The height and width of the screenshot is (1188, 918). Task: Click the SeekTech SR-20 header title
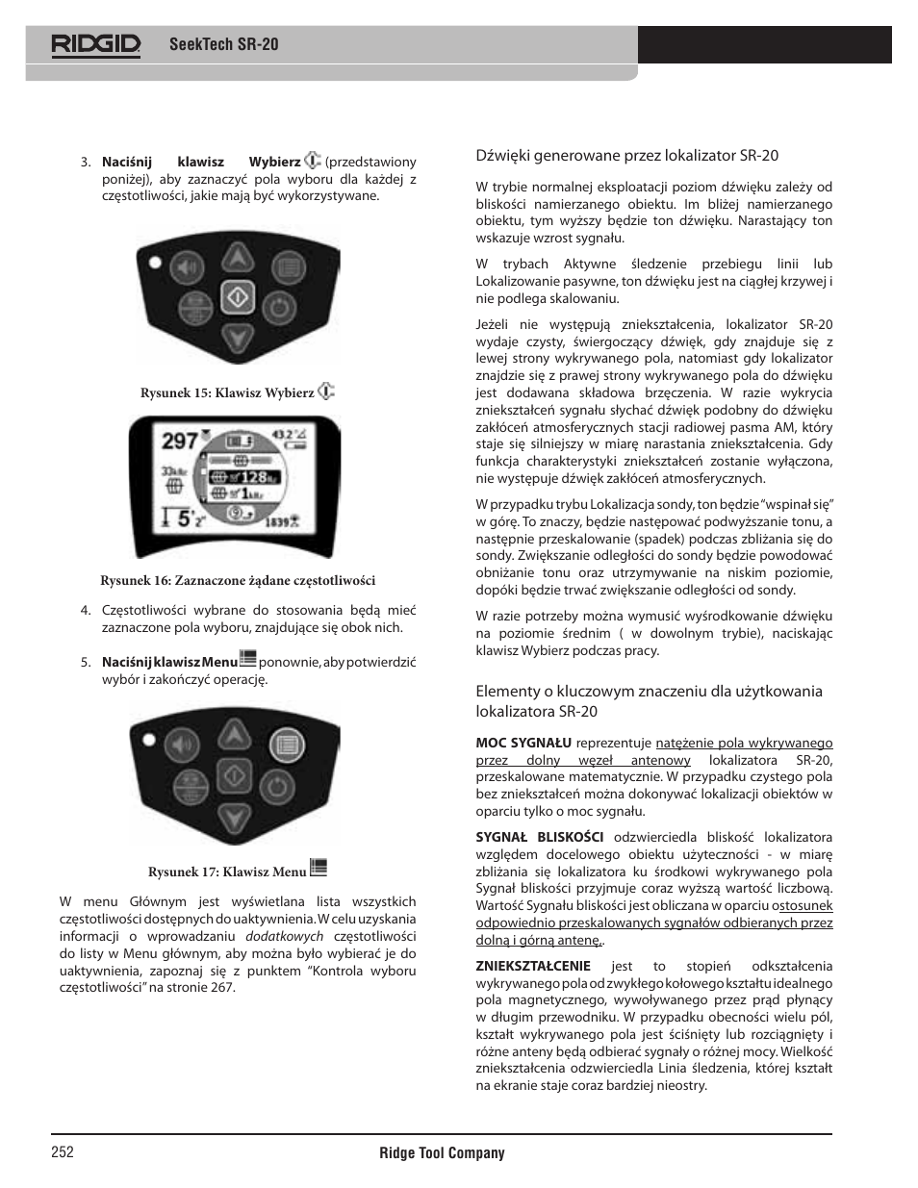click(x=223, y=44)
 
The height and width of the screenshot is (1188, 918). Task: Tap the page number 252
click(x=63, y=1152)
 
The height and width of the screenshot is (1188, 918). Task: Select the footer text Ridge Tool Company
click(x=442, y=1152)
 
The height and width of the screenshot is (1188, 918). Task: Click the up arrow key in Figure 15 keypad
click(x=237, y=258)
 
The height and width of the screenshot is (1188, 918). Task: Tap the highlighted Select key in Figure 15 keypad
click(x=237, y=298)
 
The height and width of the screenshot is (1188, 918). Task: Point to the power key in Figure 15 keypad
click(x=277, y=308)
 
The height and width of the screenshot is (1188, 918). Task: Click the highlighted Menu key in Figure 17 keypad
click(x=285, y=744)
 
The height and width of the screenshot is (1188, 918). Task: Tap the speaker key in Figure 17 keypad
click(x=186, y=745)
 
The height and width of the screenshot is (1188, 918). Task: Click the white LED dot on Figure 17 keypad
click(x=149, y=739)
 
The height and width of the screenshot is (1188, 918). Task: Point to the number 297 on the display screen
click(x=180, y=442)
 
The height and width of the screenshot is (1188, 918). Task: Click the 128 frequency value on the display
click(x=253, y=477)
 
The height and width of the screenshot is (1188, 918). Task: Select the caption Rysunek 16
click(x=238, y=580)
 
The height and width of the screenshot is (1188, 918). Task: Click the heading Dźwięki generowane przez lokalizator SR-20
click(x=626, y=155)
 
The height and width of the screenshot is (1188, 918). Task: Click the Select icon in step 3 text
click(x=313, y=161)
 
